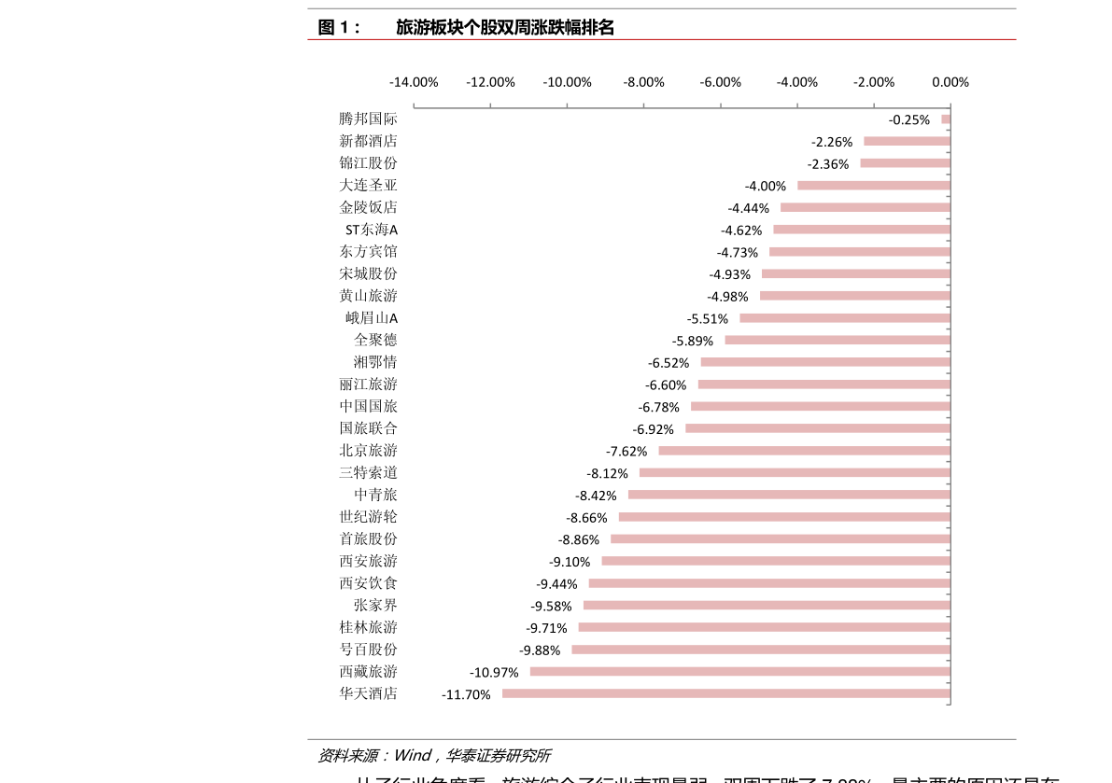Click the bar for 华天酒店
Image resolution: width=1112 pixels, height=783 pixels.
coord(725,693)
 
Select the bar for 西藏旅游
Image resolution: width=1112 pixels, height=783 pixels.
coord(739,671)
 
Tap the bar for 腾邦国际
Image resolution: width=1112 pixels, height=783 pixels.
coord(945,119)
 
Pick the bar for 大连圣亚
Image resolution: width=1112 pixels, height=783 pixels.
coord(873,185)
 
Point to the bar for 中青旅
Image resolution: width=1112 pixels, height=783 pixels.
coord(789,495)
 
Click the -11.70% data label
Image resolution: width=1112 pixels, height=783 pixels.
coord(466,694)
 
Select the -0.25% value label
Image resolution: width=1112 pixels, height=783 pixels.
coord(909,119)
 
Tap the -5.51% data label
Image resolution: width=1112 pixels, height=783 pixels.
coord(708,318)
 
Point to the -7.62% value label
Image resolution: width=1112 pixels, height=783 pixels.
coord(626,451)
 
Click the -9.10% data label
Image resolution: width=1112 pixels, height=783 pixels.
coord(570,562)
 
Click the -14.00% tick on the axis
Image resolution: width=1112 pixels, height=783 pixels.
coord(414,82)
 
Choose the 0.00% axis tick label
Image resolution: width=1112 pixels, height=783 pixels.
coord(950,82)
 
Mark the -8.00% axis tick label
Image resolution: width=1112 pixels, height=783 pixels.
coord(644,82)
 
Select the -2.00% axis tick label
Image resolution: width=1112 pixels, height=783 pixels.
coord(874,82)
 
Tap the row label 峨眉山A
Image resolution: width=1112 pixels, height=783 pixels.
coord(372,318)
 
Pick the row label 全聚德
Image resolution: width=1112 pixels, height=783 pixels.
coord(375,340)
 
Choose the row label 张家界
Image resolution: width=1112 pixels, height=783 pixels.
coord(375,605)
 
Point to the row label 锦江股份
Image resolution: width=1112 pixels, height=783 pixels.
coord(368,163)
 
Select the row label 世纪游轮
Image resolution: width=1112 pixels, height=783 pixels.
coord(368,517)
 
